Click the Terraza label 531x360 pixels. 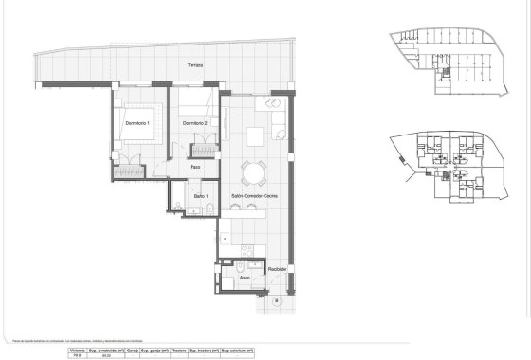click(x=193, y=65)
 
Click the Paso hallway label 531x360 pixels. click(x=194, y=168)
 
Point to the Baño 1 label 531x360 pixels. click(x=200, y=195)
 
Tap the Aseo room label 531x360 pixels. click(x=244, y=278)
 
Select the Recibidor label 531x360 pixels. click(x=277, y=270)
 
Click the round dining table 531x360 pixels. click(x=253, y=172)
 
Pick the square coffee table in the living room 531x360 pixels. click(x=257, y=136)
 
